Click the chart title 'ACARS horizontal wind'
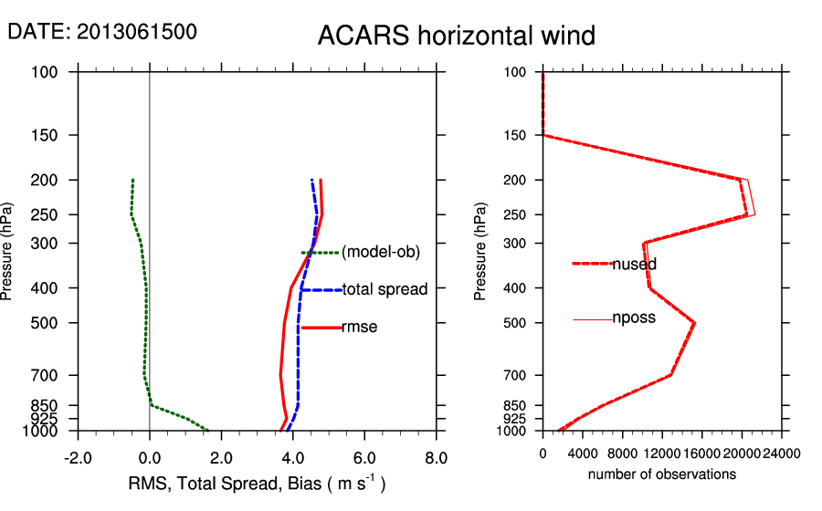click(x=456, y=36)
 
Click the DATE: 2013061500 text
click(x=102, y=31)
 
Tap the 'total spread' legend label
click(x=385, y=289)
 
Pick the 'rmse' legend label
click(x=359, y=327)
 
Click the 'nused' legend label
click(x=634, y=264)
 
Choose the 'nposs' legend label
click(x=634, y=318)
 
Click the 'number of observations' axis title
click(x=661, y=474)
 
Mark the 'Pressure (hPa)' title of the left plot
click(x=8, y=252)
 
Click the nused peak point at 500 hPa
click(x=695, y=323)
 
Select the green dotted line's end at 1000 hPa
click(x=208, y=431)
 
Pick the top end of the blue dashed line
click(x=312, y=180)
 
